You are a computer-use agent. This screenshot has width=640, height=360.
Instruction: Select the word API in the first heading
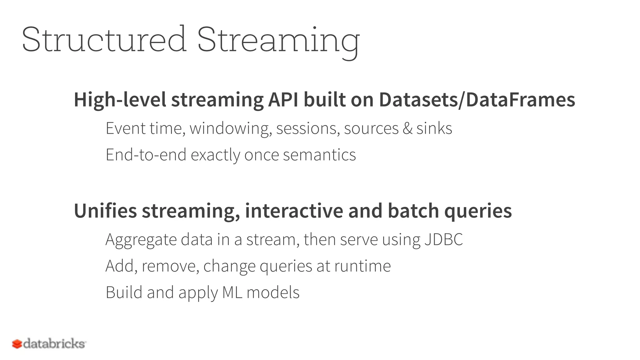[x=283, y=100]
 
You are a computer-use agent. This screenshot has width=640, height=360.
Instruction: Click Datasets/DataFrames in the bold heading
[x=477, y=100]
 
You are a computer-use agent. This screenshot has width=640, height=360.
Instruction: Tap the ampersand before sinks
[x=407, y=128]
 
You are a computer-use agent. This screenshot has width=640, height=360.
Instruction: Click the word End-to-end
[x=146, y=155]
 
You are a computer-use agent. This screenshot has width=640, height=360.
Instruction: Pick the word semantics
[x=319, y=155]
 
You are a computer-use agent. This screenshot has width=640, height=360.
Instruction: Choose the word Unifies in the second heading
[x=105, y=211]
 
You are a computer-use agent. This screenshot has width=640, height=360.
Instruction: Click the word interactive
[x=294, y=211]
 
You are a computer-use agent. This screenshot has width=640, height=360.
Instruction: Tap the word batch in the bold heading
[x=413, y=211]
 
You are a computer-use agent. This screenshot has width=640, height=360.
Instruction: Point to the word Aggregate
[x=141, y=240]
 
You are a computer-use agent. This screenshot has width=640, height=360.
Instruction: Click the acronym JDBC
[x=443, y=240]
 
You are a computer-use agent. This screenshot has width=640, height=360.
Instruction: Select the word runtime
[x=362, y=266]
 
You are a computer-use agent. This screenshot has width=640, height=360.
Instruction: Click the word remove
[x=170, y=266]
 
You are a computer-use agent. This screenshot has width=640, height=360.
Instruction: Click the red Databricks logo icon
[x=17, y=344]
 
